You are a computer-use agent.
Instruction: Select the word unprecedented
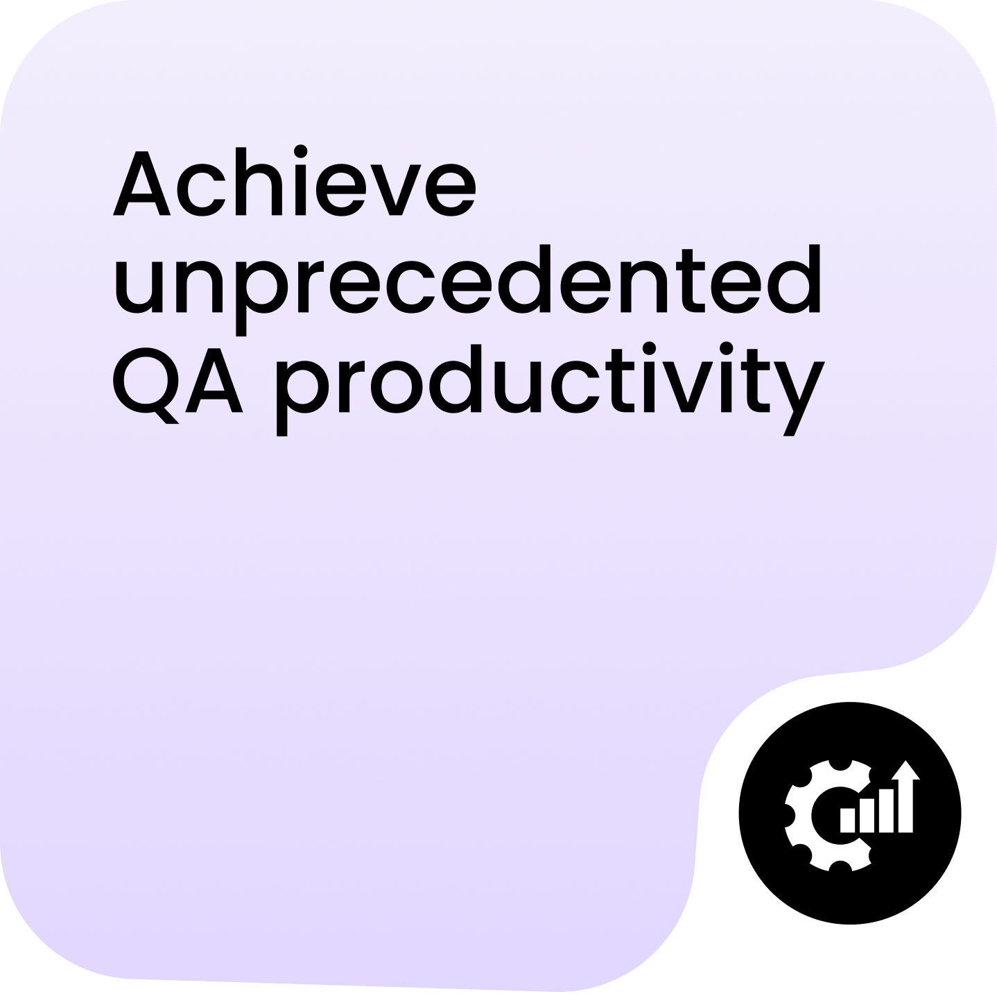pyautogui.click(x=467, y=289)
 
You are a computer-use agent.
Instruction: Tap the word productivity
pyautogui.click(x=550, y=389)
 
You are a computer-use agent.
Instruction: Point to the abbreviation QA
pyautogui.click(x=177, y=386)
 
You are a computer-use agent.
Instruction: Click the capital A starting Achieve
pyautogui.click(x=141, y=182)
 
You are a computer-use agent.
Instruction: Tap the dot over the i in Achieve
pyautogui.click(x=301, y=151)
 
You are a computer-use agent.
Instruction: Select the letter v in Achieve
pyautogui.click(x=396, y=190)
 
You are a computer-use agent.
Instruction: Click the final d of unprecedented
pyautogui.click(x=794, y=279)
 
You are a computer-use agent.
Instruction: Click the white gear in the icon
pyautogui.click(x=826, y=816)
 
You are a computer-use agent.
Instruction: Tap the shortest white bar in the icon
pyautogui.click(x=847, y=820)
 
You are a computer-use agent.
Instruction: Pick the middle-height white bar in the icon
pyautogui.click(x=867, y=815)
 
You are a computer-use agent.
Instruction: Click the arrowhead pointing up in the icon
pyautogui.click(x=905, y=770)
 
